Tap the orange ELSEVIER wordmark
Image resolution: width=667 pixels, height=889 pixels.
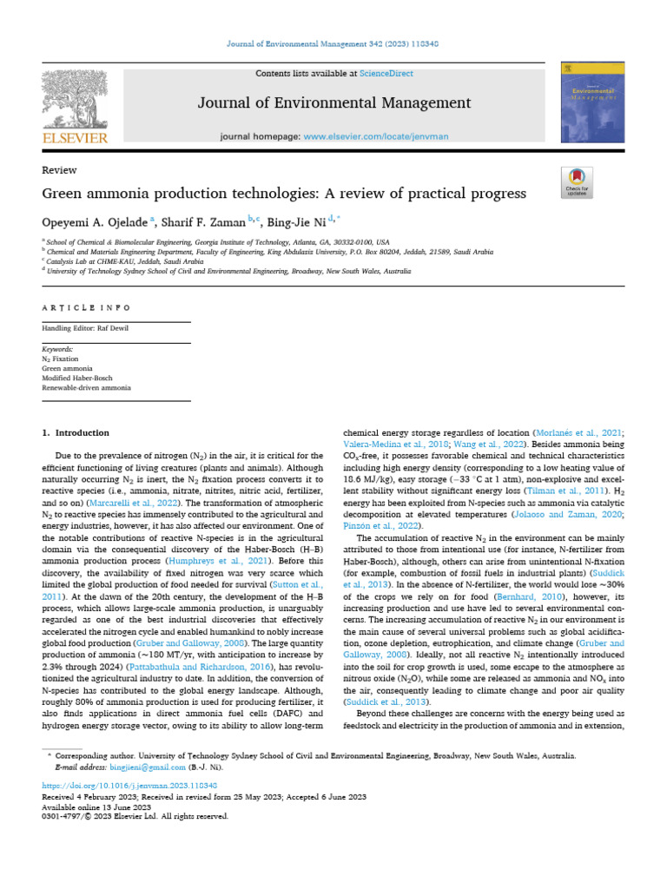[76, 138]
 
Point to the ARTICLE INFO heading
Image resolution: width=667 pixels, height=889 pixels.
[86, 307]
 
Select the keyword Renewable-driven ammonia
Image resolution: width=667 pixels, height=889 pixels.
[86, 388]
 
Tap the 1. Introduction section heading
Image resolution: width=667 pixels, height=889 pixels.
[76, 432]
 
